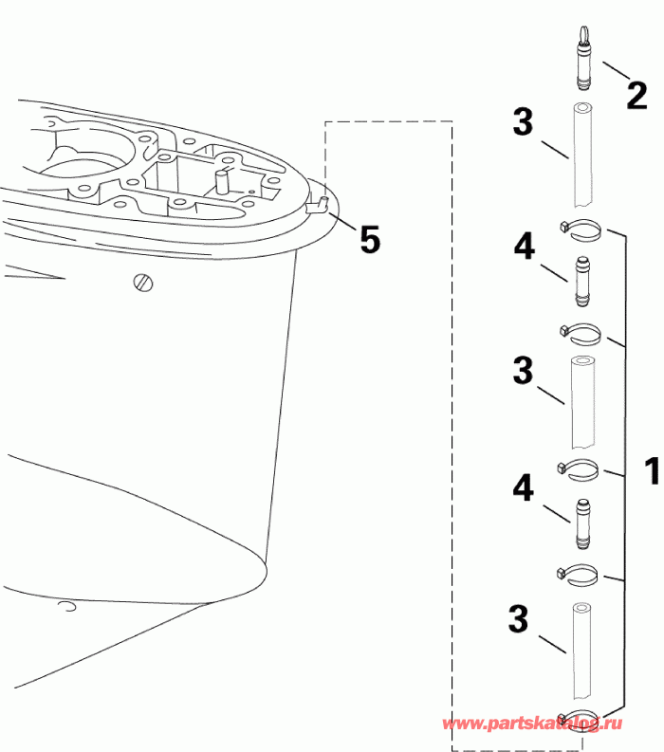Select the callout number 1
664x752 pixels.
pyautogui.click(x=650, y=471)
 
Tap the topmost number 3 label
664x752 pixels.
pyautogui.click(x=523, y=123)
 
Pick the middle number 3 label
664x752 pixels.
pyautogui.click(x=523, y=371)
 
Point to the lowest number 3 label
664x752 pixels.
pyautogui.click(x=518, y=619)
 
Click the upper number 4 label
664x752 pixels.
pyautogui.click(x=525, y=248)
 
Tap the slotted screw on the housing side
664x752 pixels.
pyautogui.click(x=144, y=282)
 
